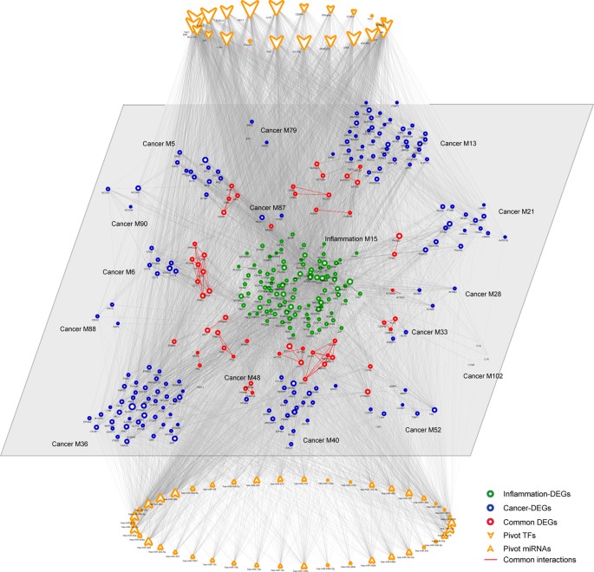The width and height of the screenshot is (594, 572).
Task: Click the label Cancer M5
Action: (159, 143)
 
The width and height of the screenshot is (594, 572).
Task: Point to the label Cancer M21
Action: (518, 211)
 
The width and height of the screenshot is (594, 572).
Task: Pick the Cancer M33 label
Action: (429, 332)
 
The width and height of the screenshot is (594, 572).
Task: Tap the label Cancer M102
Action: (488, 376)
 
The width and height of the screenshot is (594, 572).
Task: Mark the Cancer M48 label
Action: (242, 377)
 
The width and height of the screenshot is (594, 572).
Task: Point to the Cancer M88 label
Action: (78, 328)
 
